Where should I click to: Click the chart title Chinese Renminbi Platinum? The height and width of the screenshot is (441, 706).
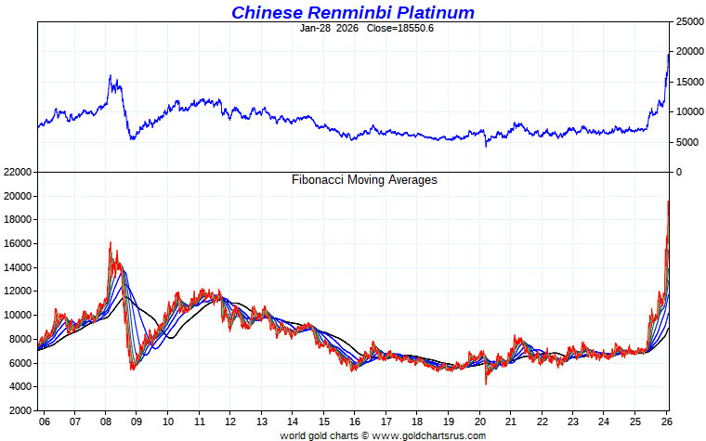pos(352,12)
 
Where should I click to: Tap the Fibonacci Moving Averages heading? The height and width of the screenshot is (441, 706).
pos(364,179)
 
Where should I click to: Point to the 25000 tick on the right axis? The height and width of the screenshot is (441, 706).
pos(687,21)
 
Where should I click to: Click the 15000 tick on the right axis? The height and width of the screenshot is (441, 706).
pos(687,82)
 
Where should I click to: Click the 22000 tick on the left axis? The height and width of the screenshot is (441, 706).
pos(19,173)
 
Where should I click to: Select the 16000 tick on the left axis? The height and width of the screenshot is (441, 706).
pos(19,244)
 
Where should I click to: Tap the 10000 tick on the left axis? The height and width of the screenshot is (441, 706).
pos(19,315)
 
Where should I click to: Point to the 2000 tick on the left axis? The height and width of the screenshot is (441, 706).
pos(21,409)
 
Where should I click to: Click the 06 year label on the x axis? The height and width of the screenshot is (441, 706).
pos(44,422)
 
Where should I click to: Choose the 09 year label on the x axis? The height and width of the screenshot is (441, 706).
pos(137,422)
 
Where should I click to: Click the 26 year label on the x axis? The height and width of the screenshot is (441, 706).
pos(666,422)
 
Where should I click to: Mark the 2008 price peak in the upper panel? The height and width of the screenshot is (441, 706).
pos(110,76)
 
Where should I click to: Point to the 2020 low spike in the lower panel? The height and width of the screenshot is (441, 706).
pos(486,383)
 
